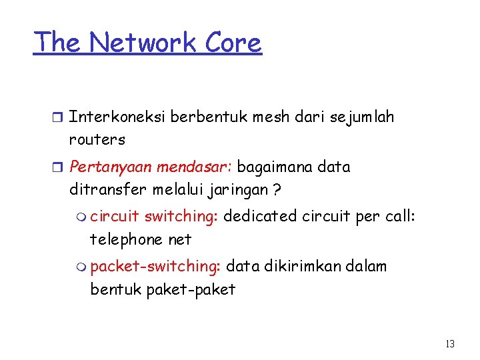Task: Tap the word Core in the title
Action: pos(233,42)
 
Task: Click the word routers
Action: pos(97,140)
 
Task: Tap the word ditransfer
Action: pos(109,190)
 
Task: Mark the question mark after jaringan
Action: pos(277,190)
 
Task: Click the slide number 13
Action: pos(450,344)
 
